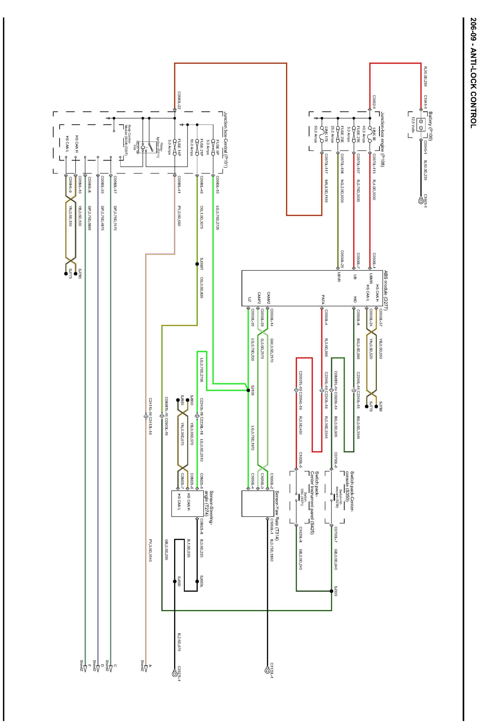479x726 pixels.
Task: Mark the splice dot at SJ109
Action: pos(248,390)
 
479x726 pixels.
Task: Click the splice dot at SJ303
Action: pos(332,591)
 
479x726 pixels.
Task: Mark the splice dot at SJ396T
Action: pos(197,264)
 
